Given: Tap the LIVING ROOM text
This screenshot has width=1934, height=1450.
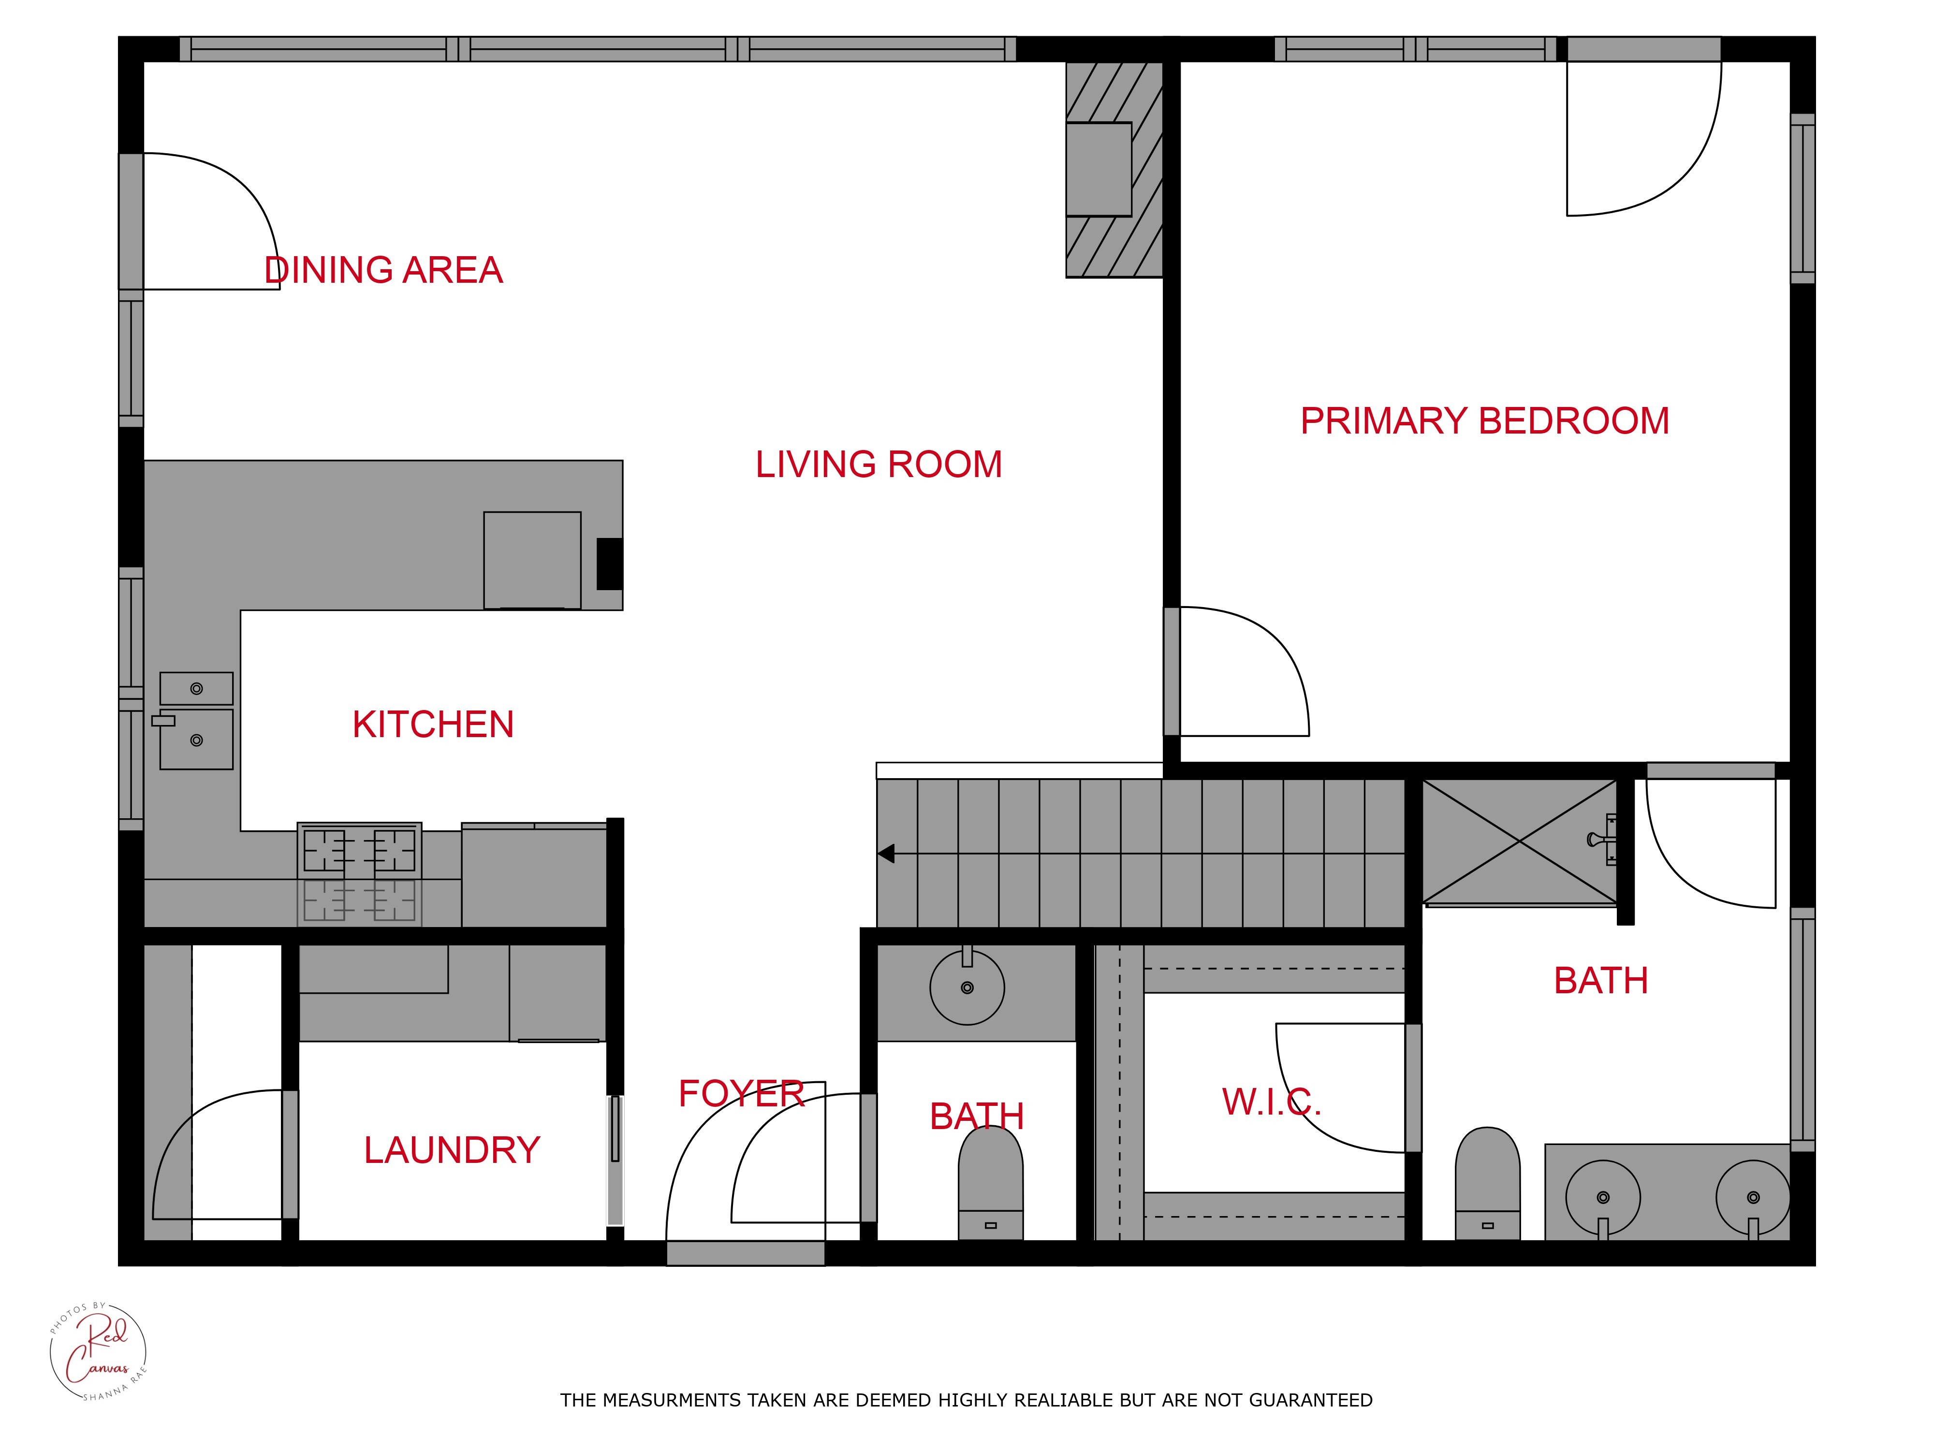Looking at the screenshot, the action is point(879,464).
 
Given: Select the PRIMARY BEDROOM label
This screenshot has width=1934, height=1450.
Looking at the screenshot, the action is point(1485,420).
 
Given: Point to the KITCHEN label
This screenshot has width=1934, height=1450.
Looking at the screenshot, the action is point(433,725).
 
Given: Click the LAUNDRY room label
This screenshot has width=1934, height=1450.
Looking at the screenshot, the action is point(452,1150).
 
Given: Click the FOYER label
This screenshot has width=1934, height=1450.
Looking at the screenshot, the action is point(741,1093).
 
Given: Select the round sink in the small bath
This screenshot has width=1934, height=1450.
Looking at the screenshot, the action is point(967,987).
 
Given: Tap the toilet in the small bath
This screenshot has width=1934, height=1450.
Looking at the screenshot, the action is point(991,1183).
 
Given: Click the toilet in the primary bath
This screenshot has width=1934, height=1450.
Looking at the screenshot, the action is point(1487,1183).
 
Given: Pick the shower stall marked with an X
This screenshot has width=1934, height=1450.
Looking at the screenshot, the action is point(1520,841).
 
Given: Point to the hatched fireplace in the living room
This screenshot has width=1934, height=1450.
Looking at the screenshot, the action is point(1114,170).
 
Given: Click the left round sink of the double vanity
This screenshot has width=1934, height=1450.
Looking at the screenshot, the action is point(1603,1197).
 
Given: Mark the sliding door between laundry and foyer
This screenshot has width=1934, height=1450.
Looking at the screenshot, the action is point(615,1160).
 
